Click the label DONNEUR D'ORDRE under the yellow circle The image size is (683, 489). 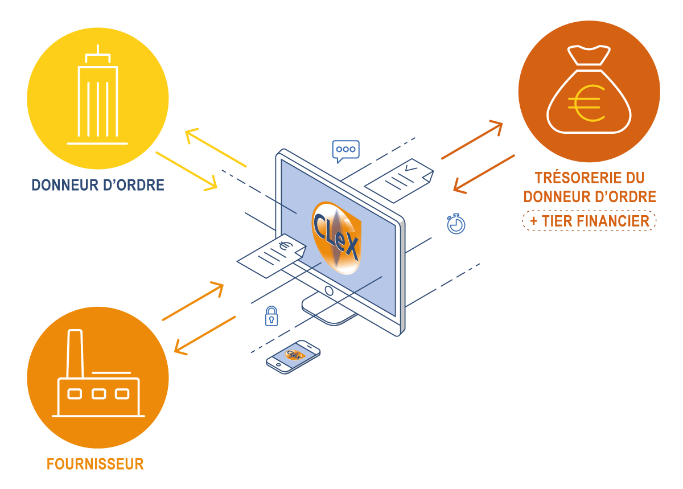(98, 185)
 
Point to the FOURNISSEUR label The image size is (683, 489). (95, 464)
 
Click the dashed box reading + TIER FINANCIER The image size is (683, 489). (589, 221)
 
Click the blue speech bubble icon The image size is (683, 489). (345, 150)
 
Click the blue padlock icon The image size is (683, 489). (271, 315)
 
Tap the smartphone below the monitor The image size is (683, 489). (293, 356)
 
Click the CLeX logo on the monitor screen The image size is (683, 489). (336, 237)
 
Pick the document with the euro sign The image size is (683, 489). (271, 257)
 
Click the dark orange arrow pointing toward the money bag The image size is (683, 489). (472, 140)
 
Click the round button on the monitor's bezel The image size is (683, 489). (328, 291)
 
